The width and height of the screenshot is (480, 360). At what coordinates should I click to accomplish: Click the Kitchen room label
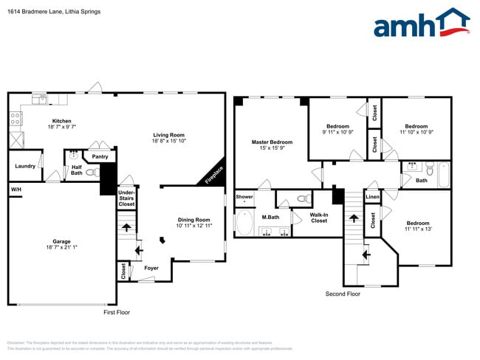61,121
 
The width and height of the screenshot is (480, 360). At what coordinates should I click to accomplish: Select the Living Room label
168,135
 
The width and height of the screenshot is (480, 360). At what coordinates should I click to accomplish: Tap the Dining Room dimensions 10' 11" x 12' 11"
193,226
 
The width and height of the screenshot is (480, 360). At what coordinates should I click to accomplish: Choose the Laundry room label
25,166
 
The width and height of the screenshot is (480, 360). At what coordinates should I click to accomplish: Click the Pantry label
100,156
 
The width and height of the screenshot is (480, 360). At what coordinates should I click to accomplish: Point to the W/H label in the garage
16,190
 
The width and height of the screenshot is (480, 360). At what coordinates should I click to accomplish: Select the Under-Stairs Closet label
126,198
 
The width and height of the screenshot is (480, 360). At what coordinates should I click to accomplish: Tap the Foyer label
151,269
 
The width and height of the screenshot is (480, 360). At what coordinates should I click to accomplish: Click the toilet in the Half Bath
91,173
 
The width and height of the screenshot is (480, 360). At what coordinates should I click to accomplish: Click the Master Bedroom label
272,142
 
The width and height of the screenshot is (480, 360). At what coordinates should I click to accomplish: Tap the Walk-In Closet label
319,217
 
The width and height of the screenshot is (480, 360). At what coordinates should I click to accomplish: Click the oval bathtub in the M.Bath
244,222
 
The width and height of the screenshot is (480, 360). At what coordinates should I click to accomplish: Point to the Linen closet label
372,197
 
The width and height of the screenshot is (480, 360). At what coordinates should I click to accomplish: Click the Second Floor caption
343,294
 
